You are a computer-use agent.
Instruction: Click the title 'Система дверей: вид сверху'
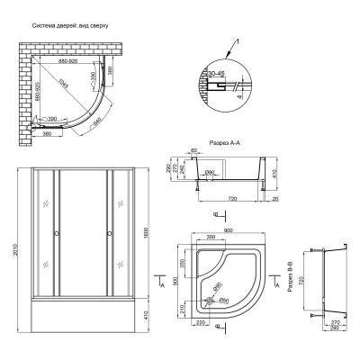[x=70, y=26]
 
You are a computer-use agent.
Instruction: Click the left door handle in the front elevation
[x=57, y=236]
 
